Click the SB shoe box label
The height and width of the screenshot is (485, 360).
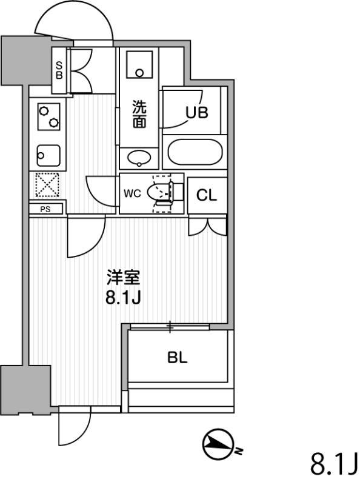click(59, 70)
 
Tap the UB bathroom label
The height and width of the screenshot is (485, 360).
click(197, 113)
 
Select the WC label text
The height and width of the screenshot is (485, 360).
click(132, 193)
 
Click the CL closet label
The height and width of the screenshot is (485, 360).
click(207, 195)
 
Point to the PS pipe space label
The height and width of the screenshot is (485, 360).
click(45, 209)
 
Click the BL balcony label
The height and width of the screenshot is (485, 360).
click(178, 358)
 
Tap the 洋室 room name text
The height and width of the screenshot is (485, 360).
click(124, 278)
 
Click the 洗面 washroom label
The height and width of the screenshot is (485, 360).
click(139, 114)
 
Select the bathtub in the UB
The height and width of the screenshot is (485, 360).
click(195, 152)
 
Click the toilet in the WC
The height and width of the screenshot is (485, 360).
click(163, 193)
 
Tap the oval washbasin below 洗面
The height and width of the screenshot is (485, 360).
click(139, 158)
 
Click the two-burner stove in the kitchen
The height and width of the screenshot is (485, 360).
click(49, 116)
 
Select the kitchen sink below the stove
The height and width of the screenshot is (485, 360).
click(48, 156)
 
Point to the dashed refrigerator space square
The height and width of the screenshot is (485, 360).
click(47, 185)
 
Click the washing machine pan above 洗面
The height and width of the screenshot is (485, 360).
click(139, 64)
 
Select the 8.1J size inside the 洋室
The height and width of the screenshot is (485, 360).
click(124, 298)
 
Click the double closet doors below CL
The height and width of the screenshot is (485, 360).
click(208, 227)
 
